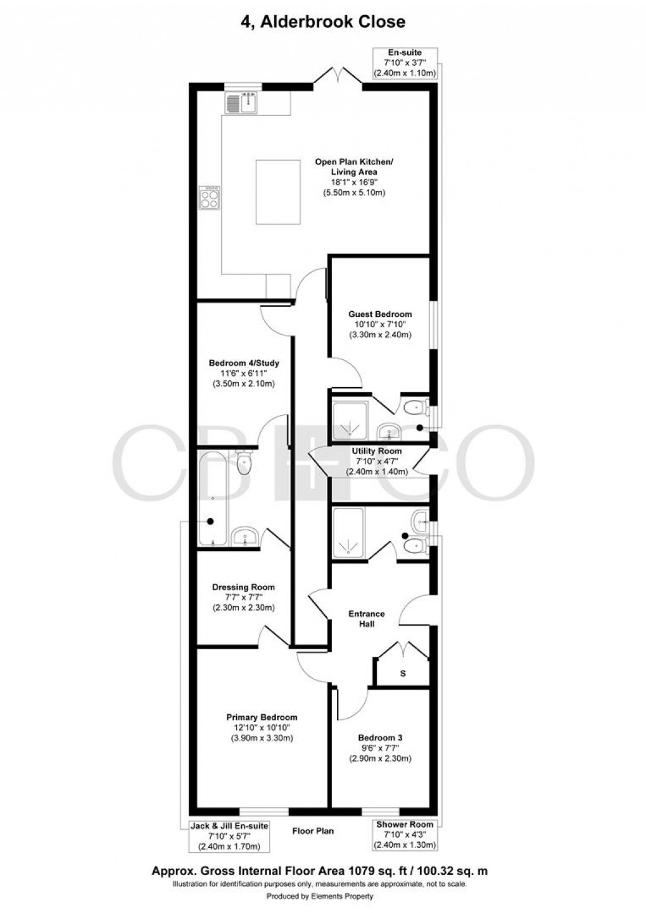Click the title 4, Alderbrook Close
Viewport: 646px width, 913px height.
coord(322,22)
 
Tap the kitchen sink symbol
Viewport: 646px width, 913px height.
coord(241,102)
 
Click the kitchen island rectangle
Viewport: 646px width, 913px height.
coord(278,192)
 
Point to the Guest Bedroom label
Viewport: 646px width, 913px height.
coord(380,314)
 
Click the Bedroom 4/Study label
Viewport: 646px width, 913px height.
coord(244,363)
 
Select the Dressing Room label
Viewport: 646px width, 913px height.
coord(243,587)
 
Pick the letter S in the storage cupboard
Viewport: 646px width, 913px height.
coord(403,674)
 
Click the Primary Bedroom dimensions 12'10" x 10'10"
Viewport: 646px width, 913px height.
coord(262,728)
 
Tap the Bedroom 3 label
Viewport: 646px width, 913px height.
coord(380,738)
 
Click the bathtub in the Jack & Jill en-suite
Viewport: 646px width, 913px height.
coord(210,497)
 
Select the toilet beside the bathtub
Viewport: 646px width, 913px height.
coord(244,463)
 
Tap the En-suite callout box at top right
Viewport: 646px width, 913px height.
coord(405,63)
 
